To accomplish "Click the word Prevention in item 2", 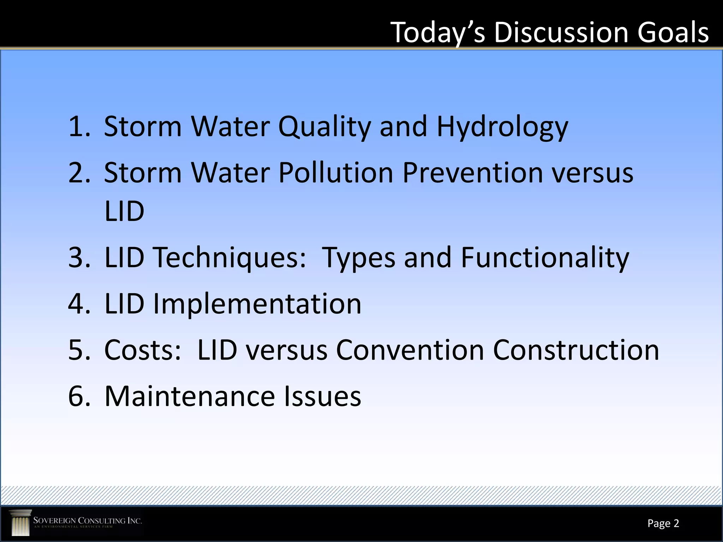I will [472, 173].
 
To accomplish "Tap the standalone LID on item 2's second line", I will [124, 211].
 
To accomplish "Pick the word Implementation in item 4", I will [257, 304].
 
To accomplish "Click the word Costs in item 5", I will [143, 350].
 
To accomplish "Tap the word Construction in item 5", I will [576, 350].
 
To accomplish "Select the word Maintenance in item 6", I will [190, 396].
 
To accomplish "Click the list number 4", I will [78, 304].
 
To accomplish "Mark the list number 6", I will [78, 396].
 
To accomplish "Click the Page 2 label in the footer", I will [663, 523].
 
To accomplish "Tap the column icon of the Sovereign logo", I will [20, 523].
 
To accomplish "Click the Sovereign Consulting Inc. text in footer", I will [87, 521].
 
